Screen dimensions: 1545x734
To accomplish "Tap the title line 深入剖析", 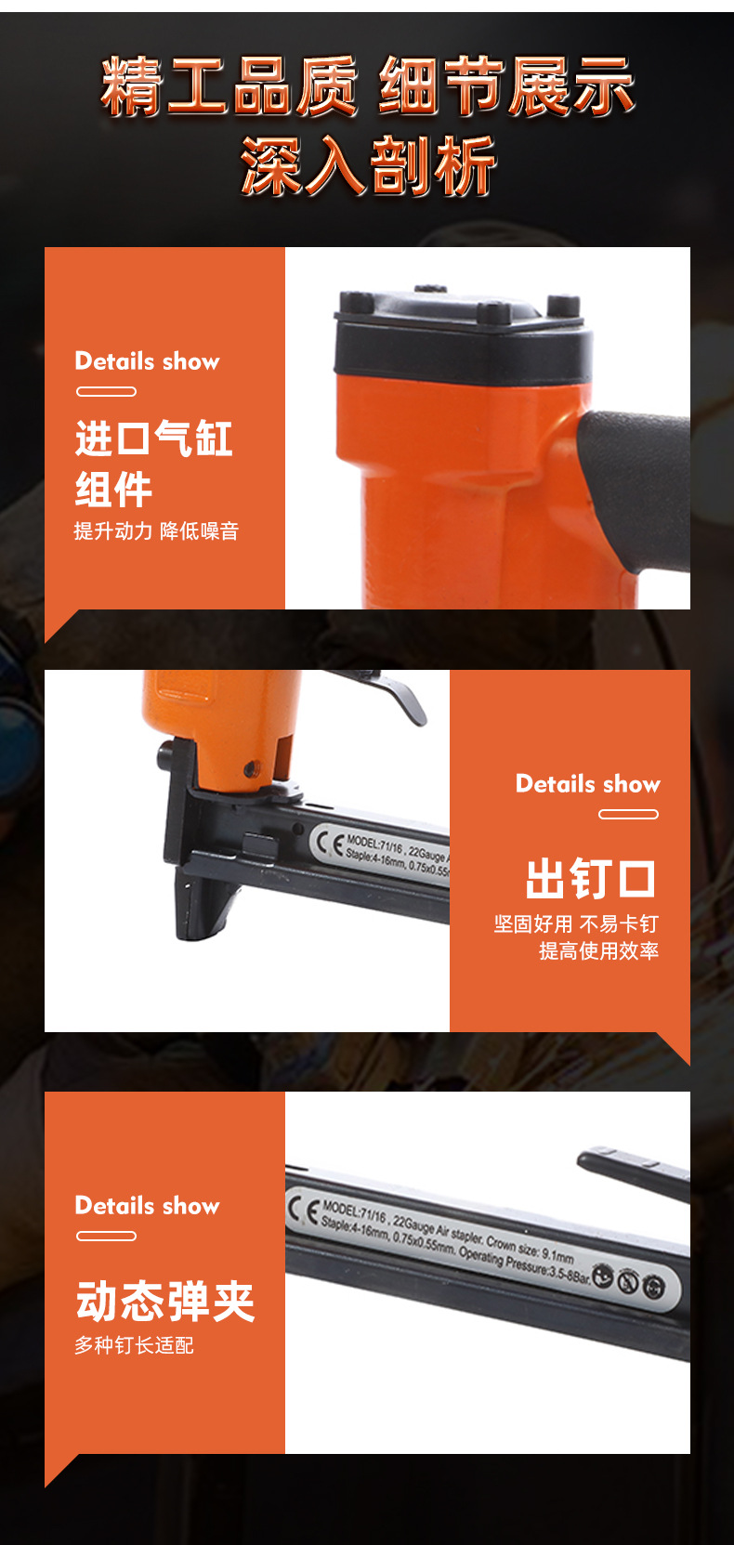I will pos(368,165).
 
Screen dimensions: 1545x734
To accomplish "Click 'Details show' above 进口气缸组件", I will pos(147,361).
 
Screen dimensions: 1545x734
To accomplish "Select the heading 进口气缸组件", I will pos(153,464).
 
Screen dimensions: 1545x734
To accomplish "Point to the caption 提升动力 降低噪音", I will pos(156,531).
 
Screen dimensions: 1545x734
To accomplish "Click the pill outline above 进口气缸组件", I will pos(106,392).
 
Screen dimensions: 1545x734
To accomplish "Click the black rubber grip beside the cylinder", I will pos(641,483).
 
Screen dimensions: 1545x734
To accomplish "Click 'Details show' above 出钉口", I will pos(587,784).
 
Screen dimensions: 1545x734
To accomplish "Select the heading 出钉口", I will pos(591,879).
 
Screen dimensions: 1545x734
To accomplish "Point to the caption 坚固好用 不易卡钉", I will pos(576,924).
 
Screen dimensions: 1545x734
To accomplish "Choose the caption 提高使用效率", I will pos(598,951).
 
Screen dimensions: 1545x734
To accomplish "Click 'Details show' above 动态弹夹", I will pos(147,1206).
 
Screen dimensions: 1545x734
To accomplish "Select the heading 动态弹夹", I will pos(165,1301).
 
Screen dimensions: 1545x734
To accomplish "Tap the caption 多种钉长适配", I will pos(134,1345).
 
